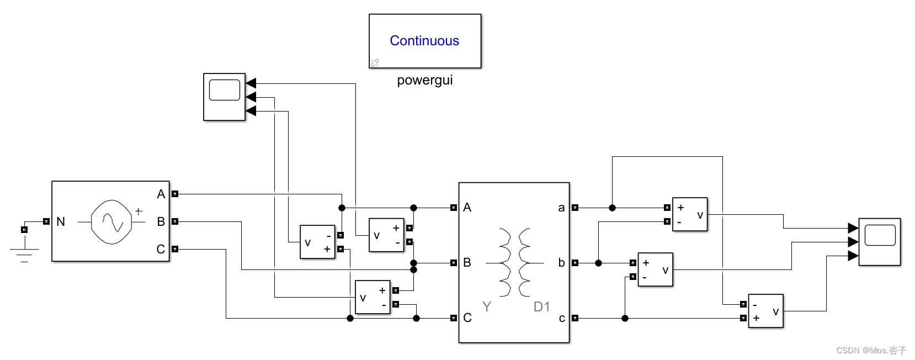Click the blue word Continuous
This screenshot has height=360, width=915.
coord(424,41)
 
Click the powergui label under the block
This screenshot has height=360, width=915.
coord(424,80)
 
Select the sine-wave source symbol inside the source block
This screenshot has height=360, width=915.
coord(112,222)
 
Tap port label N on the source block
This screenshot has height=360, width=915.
coord(61,222)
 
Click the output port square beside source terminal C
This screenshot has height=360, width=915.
coord(175,249)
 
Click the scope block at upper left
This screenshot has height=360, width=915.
coord(225,97)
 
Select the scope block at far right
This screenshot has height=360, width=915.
coord(880,241)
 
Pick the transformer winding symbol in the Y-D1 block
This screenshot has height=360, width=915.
coord(514,263)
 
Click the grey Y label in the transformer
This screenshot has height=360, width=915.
coord(486,307)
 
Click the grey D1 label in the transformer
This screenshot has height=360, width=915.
coord(541,307)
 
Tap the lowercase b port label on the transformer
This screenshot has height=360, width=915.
coord(561,263)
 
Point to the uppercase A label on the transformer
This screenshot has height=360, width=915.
coord(467,208)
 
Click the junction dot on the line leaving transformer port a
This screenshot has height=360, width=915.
coord(612,208)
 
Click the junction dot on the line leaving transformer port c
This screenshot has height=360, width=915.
coord(625,318)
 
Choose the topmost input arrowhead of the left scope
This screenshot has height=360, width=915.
coord(251,83)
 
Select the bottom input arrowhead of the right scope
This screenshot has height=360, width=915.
coord(853,256)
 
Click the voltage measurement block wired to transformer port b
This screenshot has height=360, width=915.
coord(656,269)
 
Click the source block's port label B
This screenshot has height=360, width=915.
coord(161,222)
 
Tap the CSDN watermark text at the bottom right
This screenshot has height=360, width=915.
coord(871,350)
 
